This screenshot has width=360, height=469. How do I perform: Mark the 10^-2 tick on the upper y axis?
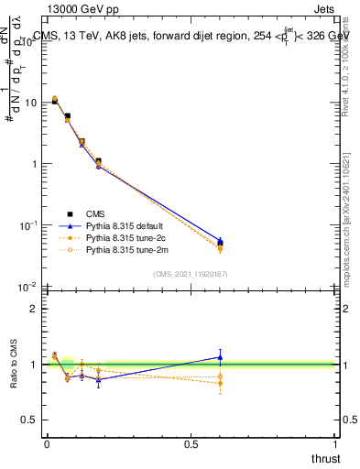pyautogui.click(x=28, y=287)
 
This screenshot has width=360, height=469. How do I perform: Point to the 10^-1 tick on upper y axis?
pyautogui.click(x=28, y=225)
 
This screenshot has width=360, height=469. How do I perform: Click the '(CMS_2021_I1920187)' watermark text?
pyautogui.click(x=191, y=273)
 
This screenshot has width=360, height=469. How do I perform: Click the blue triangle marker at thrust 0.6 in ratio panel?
pyautogui.click(x=220, y=356)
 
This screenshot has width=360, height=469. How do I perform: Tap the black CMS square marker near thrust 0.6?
pyautogui.click(x=220, y=244)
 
